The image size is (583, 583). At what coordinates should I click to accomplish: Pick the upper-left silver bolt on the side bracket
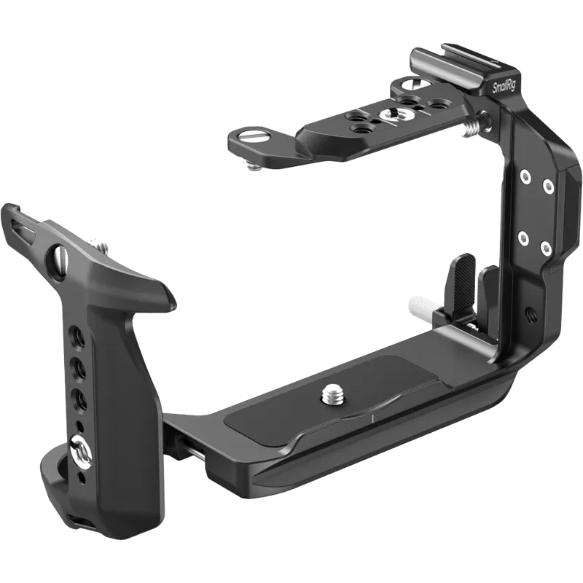tap(523, 175)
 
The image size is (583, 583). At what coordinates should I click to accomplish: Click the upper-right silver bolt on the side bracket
tap(548, 187)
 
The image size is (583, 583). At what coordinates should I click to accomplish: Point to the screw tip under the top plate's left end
tap(253, 167)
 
